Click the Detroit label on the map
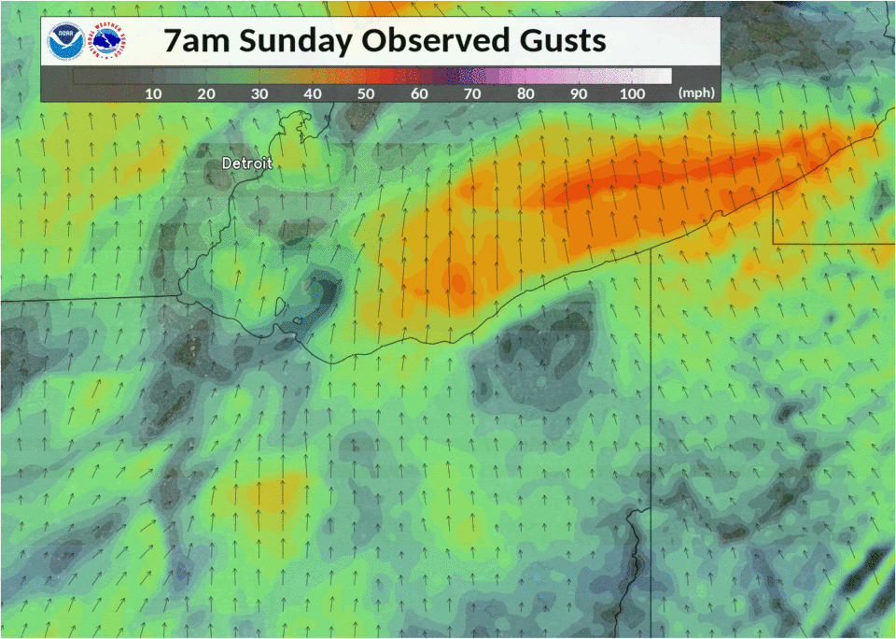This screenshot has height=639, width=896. [x=247, y=163]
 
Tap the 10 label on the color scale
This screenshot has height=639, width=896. [x=154, y=93]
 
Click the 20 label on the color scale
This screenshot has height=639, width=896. [x=207, y=93]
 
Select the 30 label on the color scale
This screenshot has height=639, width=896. [x=260, y=93]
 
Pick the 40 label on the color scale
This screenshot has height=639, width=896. [x=314, y=93]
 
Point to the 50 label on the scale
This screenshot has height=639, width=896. [x=367, y=93]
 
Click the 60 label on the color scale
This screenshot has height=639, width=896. [x=420, y=93]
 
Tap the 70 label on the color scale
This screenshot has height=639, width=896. [x=473, y=93]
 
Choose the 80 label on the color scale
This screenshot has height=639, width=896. [x=526, y=93]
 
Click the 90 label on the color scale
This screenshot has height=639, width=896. [x=580, y=93]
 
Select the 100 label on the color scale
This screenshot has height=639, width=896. [x=632, y=93]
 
